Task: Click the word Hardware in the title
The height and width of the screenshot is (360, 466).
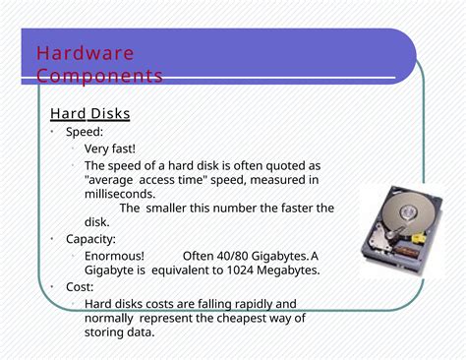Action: point(86,53)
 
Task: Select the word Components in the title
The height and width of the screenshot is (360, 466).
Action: point(99,76)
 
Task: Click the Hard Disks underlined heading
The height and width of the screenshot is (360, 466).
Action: point(90,114)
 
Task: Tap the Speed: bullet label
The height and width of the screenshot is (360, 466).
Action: point(85,132)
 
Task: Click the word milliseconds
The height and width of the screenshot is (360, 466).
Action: point(120,194)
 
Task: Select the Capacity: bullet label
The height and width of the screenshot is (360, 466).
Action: point(90,239)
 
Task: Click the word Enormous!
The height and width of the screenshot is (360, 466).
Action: point(115,256)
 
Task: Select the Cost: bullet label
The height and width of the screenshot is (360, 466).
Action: point(80,286)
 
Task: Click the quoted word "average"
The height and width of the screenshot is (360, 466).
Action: point(110,180)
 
